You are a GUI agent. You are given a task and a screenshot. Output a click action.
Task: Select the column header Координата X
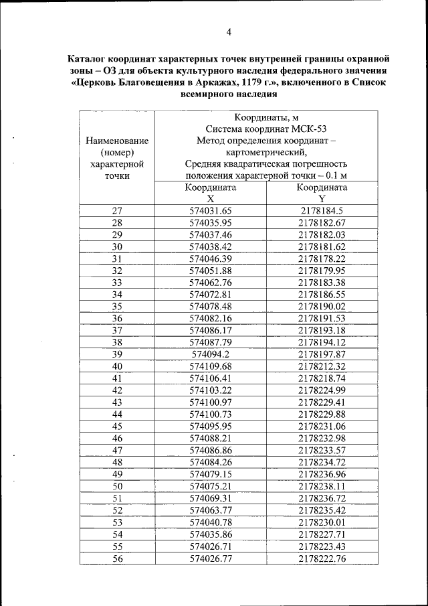tap(211, 193)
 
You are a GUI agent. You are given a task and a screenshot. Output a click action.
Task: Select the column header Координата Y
tap(322, 193)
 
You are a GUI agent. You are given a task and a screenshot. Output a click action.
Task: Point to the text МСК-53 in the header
tap(310, 128)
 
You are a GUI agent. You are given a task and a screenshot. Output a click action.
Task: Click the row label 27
tap(117, 210)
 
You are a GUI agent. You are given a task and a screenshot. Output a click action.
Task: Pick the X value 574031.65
tap(211, 210)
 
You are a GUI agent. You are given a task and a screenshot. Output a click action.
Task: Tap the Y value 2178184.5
tap(322, 210)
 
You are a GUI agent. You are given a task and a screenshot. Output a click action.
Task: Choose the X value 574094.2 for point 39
tap(211, 354)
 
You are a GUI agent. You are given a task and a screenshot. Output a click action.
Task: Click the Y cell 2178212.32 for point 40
tap(322, 366)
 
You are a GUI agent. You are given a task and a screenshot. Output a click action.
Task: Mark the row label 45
tap(117, 426)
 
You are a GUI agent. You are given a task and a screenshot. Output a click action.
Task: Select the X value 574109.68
tap(211, 366)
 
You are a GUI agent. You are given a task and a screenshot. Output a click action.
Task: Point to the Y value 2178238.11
tap(322, 486)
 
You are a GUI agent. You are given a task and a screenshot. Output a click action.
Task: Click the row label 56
tap(117, 558)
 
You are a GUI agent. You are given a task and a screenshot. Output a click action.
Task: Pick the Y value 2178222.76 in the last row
tap(322, 558)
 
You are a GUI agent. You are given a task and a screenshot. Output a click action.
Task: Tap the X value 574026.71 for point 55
tap(211, 546)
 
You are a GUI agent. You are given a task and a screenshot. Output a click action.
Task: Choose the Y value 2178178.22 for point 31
tap(322, 258)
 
